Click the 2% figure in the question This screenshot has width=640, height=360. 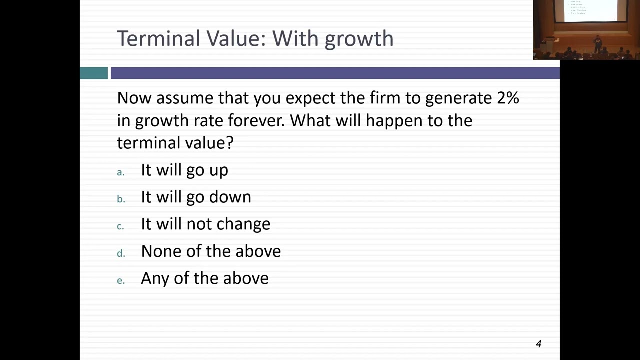(x=508, y=97)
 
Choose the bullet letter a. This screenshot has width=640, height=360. (x=120, y=172)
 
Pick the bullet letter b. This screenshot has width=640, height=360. (x=120, y=199)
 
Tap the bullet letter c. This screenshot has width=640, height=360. (x=120, y=226)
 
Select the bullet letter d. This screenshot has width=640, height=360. (x=120, y=253)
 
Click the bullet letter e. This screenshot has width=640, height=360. (x=120, y=280)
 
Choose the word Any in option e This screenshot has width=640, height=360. (x=155, y=278)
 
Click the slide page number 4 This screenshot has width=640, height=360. (x=538, y=343)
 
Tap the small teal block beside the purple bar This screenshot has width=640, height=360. (x=94, y=73)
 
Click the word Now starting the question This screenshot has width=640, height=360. (x=134, y=98)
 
